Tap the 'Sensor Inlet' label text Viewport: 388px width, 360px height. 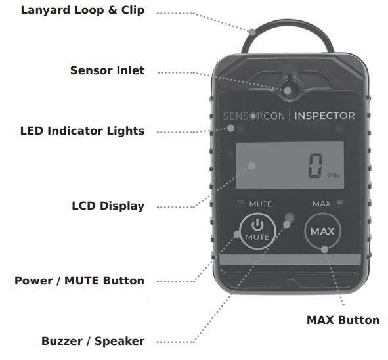click(x=107, y=70)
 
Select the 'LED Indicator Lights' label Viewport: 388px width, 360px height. click(x=82, y=131)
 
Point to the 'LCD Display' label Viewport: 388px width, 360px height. click(x=108, y=206)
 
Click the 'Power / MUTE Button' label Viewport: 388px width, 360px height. click(x=79, y=281)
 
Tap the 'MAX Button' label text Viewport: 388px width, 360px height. click(x=343, y=320)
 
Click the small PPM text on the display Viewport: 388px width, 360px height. click(x=334, y=176)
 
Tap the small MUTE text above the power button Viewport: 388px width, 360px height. click(x=260, y=204)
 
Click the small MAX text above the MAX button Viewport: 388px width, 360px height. click(x=321, y=204)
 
